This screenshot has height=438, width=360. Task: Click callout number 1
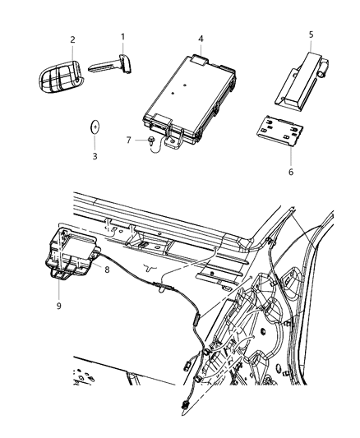tap(123, 36)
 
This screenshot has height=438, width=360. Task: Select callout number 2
tap(72, 39)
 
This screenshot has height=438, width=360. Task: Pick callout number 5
tap(311, 35)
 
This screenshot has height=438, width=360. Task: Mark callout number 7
tap(127, 139)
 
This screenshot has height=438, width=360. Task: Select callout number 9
tap(58, 303)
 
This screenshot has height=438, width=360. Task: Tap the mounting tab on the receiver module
tap(173, 142)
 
